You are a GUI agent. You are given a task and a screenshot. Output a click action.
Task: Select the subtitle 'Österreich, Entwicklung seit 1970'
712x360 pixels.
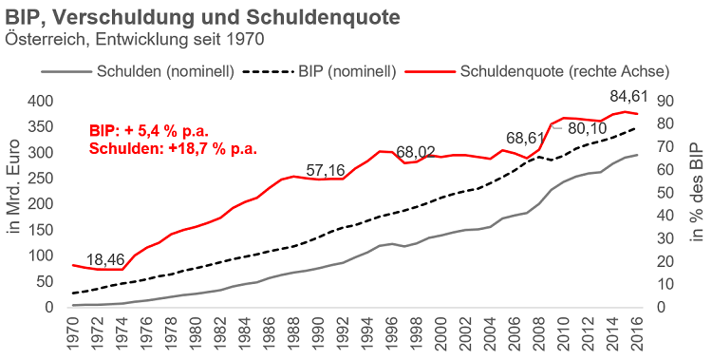point(134,39)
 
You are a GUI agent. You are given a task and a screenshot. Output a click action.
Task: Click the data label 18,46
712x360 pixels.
point(108,259)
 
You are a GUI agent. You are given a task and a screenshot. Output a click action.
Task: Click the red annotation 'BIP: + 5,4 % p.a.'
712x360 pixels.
point(148,130)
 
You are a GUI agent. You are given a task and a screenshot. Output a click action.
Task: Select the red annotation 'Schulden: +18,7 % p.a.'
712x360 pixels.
point(173,148)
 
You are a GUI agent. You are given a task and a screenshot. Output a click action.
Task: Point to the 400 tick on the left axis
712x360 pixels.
point(41,101)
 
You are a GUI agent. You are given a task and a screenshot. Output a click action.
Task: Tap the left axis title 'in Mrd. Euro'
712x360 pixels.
point(13,203)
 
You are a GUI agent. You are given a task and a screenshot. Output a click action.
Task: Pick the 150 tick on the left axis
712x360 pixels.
point(41,230)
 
